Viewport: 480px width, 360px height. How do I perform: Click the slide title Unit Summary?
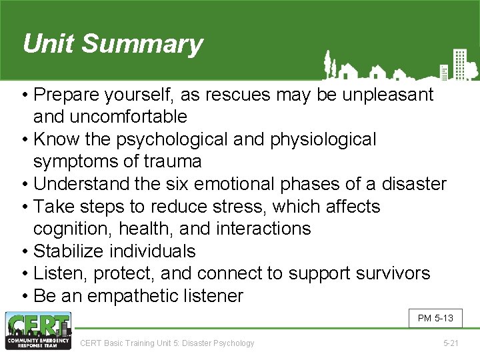pyautogui.click(x=112, y=44)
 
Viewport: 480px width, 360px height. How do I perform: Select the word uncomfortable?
pyautogui.click(x=110, y=117)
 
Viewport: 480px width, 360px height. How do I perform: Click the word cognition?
pyautogui.click(x=73, y=229)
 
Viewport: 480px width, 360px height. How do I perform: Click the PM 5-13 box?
pyautogui.click(x=435, y=318)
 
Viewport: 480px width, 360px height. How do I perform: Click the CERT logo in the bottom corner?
pyautogui.click(x=37, y=331)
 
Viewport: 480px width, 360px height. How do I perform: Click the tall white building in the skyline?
pyautogui.click(x=459, y=63)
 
